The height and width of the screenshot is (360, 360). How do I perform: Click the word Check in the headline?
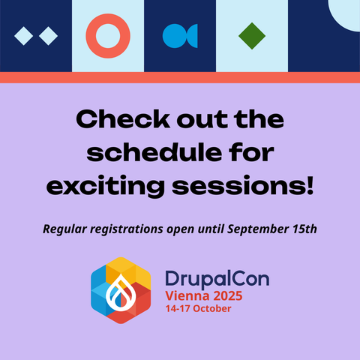(x=123, y=118)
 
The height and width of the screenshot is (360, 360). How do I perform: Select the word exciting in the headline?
(x=106, y=187)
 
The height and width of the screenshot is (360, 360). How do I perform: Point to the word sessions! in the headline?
(x=243, y=186)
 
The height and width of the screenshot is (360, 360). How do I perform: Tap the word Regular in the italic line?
(x=65, y=229)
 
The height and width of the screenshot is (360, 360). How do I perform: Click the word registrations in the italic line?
(x=127, y=229)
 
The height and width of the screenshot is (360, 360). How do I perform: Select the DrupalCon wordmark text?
(x=217, y=279)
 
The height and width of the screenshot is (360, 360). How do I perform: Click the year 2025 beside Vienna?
(x=228, y=296)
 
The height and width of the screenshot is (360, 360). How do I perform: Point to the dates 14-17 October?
(x=198, y=308)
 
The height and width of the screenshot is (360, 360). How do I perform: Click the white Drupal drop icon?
(x=121, y=292)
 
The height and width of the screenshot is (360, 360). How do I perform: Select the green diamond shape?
(x=252, y=36)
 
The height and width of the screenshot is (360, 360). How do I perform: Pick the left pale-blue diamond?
(x=24, y=36)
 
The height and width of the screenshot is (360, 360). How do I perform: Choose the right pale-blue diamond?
(x=48, y=36)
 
